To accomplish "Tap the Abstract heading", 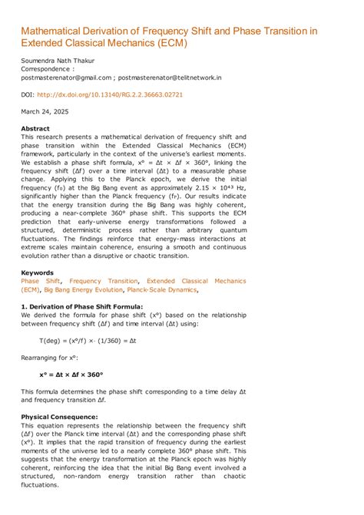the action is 35,128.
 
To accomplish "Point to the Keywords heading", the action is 37,272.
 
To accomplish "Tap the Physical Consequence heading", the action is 59,417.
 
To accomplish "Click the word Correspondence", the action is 47,68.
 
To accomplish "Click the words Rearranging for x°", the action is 50,357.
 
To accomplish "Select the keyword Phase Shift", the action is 41,281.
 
